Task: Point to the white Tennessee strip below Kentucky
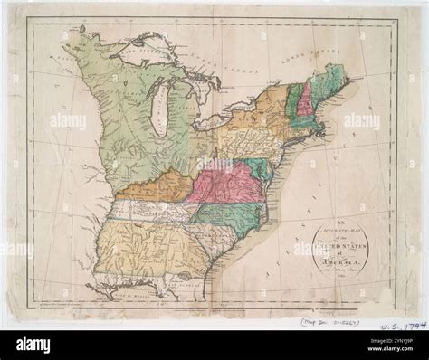point(149,210)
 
